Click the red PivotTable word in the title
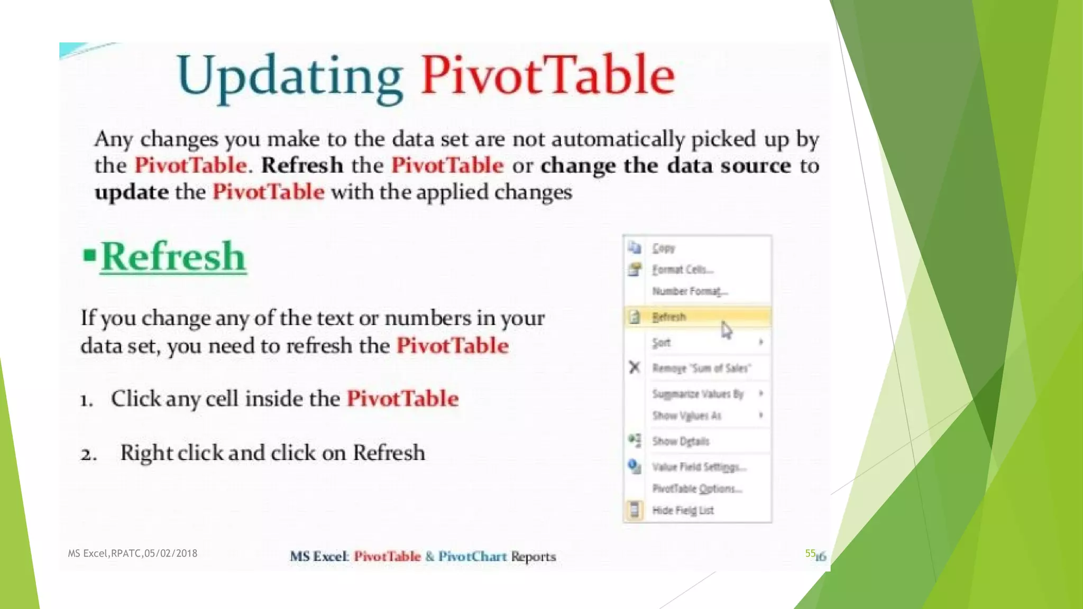coord(547,75)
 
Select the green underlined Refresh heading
coord(173,257)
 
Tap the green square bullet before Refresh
coord(89,256)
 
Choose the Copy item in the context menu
coord(663,248)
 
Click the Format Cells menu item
coord(682,270)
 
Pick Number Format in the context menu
coord(690,291)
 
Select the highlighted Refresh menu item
coord(669,317)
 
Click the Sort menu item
coord(662,343)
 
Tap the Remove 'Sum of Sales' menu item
coord(701,368)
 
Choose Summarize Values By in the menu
coord(698,394)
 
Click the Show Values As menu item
coord(686,416)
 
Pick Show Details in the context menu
coord(681,441)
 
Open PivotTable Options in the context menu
coord(697,488)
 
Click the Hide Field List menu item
coord(683,510)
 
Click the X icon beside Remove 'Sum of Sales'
coord(635,367)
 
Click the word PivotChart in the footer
coord(472,556)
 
